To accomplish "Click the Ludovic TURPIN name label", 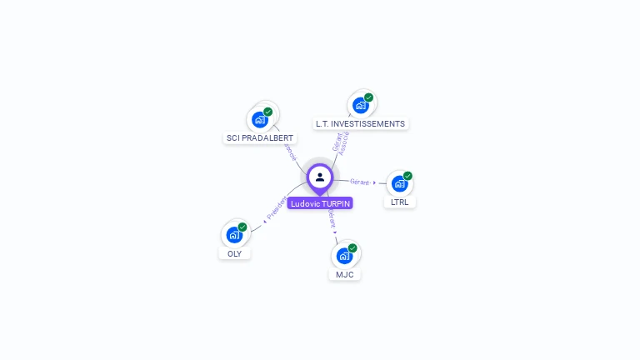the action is coord(320,203).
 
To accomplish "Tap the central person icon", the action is coord(320,177).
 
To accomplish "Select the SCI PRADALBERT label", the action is coord(260,137).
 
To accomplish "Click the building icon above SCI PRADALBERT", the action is coord(260,119).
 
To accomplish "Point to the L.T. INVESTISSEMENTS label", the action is coord(360,123).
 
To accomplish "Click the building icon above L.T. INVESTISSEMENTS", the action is coord(360,105).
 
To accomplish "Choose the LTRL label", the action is coord(400,202).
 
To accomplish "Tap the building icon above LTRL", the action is coord(399,183).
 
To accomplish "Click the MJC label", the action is coord(345,274).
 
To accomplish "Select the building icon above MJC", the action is coord(344,256).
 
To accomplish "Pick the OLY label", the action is coord(234,253).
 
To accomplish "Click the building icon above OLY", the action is coord(234,235).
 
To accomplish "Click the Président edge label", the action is coord(277,208).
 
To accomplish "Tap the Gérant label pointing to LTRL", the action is coord(360,182).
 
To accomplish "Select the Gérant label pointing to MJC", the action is coord(331,218).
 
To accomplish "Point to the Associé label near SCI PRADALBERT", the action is coord(291,151).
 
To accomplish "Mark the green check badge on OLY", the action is coord(242,227).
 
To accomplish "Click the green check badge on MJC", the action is coord(352,247).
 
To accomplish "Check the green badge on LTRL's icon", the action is coord(407,176).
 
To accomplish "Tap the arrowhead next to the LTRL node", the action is coord(375,182).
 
